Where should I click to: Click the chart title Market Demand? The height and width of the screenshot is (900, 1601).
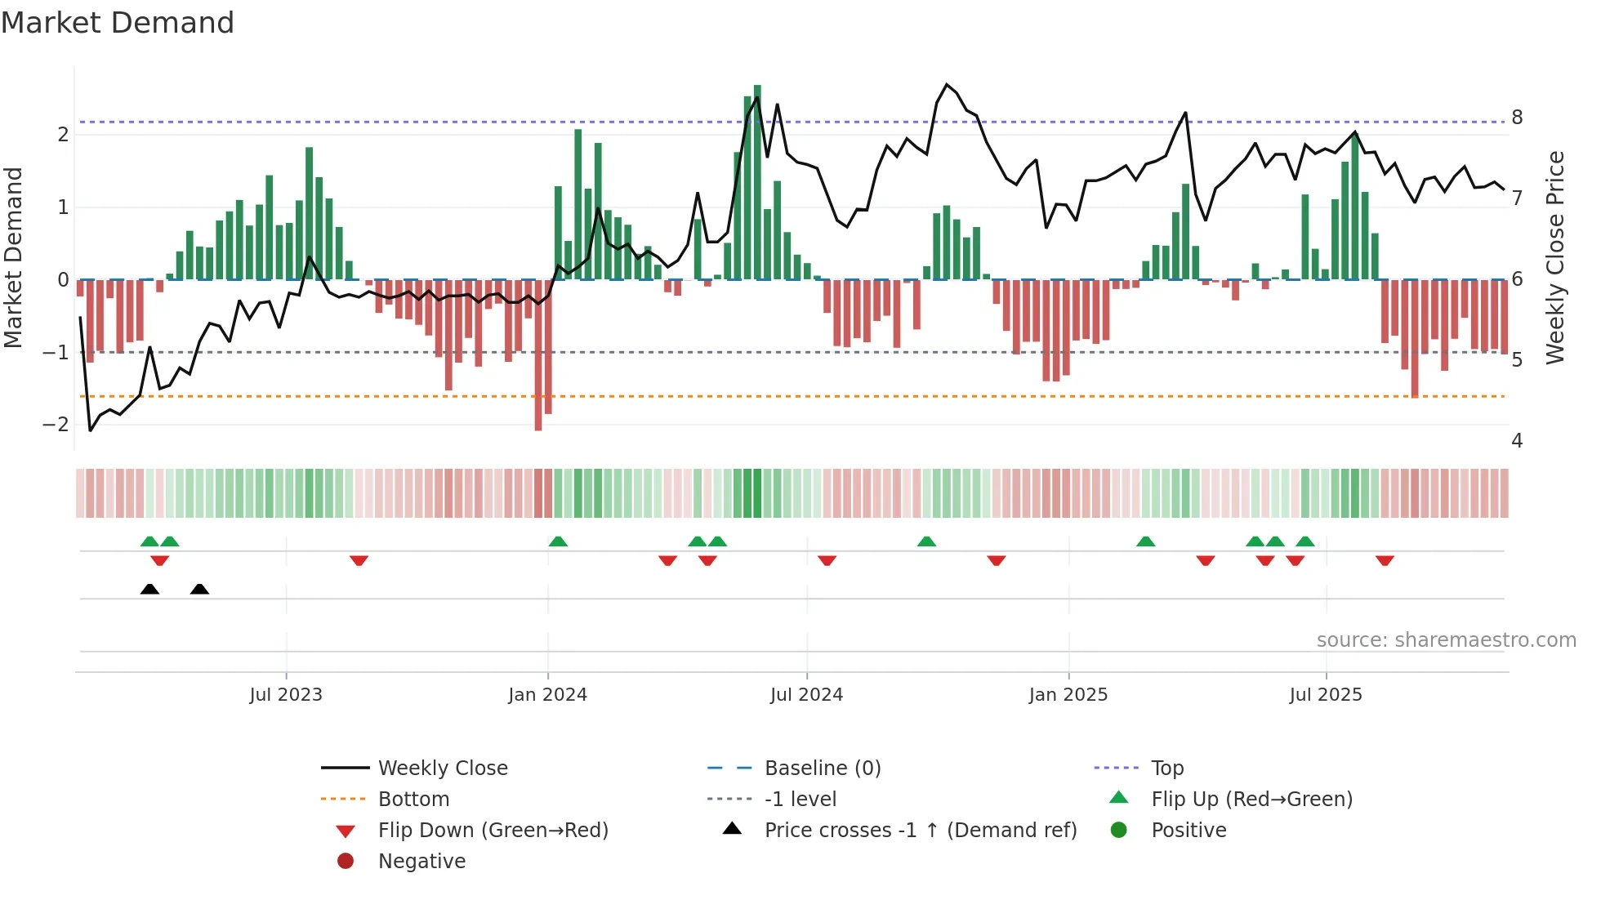(118, 23)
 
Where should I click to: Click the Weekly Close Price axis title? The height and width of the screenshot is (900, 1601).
(1555, 257)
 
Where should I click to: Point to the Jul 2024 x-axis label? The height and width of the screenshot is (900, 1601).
(806, 695)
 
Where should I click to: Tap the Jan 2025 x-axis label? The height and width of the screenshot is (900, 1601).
(1068, 695)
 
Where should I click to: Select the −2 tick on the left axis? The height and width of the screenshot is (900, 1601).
(56, 425)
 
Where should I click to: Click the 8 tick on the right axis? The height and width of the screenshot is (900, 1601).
(1517, 118)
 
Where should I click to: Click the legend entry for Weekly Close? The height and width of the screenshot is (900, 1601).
(442, 769)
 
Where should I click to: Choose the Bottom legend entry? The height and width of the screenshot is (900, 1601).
(413, 800)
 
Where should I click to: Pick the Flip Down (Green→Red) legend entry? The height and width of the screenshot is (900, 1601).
(493, 831)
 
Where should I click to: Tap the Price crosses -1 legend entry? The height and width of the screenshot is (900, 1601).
(920, 831)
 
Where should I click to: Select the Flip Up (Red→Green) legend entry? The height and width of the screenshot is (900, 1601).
(1251, 800)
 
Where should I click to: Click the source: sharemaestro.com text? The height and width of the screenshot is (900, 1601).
(1446, 640)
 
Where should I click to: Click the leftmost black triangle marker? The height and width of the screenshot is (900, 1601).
(149, 589)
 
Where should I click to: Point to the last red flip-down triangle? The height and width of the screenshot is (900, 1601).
(1385, 560)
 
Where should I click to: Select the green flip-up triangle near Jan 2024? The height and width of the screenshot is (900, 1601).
(558, 541)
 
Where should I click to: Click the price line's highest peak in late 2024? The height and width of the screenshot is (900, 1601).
(947, 85)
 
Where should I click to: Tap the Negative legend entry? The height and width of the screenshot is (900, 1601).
(421, 862)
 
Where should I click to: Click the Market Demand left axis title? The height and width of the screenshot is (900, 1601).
(14, 257)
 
